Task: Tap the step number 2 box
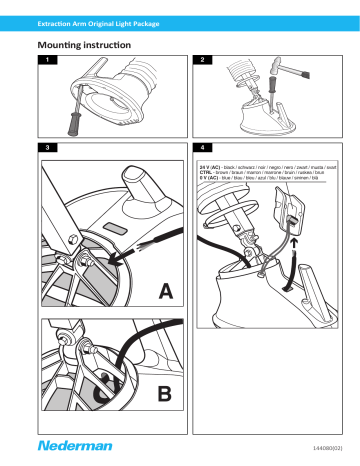click(x=203, y=63)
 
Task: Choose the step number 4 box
click(x=203, y=147)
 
